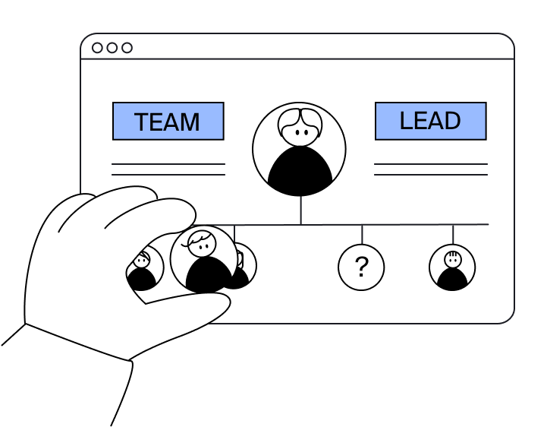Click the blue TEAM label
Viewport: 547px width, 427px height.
pos(168,122)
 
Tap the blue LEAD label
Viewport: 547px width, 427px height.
pos(430,121)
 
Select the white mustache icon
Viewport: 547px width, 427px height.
pos(300,122)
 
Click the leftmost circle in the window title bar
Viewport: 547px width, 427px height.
pos(97,48)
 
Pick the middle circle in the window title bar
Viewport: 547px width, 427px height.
pos(112,48)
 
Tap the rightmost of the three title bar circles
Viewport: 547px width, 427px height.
pos(127,48)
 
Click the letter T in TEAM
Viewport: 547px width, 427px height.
pos(142,122)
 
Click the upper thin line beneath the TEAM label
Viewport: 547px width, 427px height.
pos(168,164)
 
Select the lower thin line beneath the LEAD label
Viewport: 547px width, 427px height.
pos(430,175)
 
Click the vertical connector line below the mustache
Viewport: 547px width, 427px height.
pos(300,210)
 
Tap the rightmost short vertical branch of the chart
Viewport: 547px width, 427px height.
pos(453,234)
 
